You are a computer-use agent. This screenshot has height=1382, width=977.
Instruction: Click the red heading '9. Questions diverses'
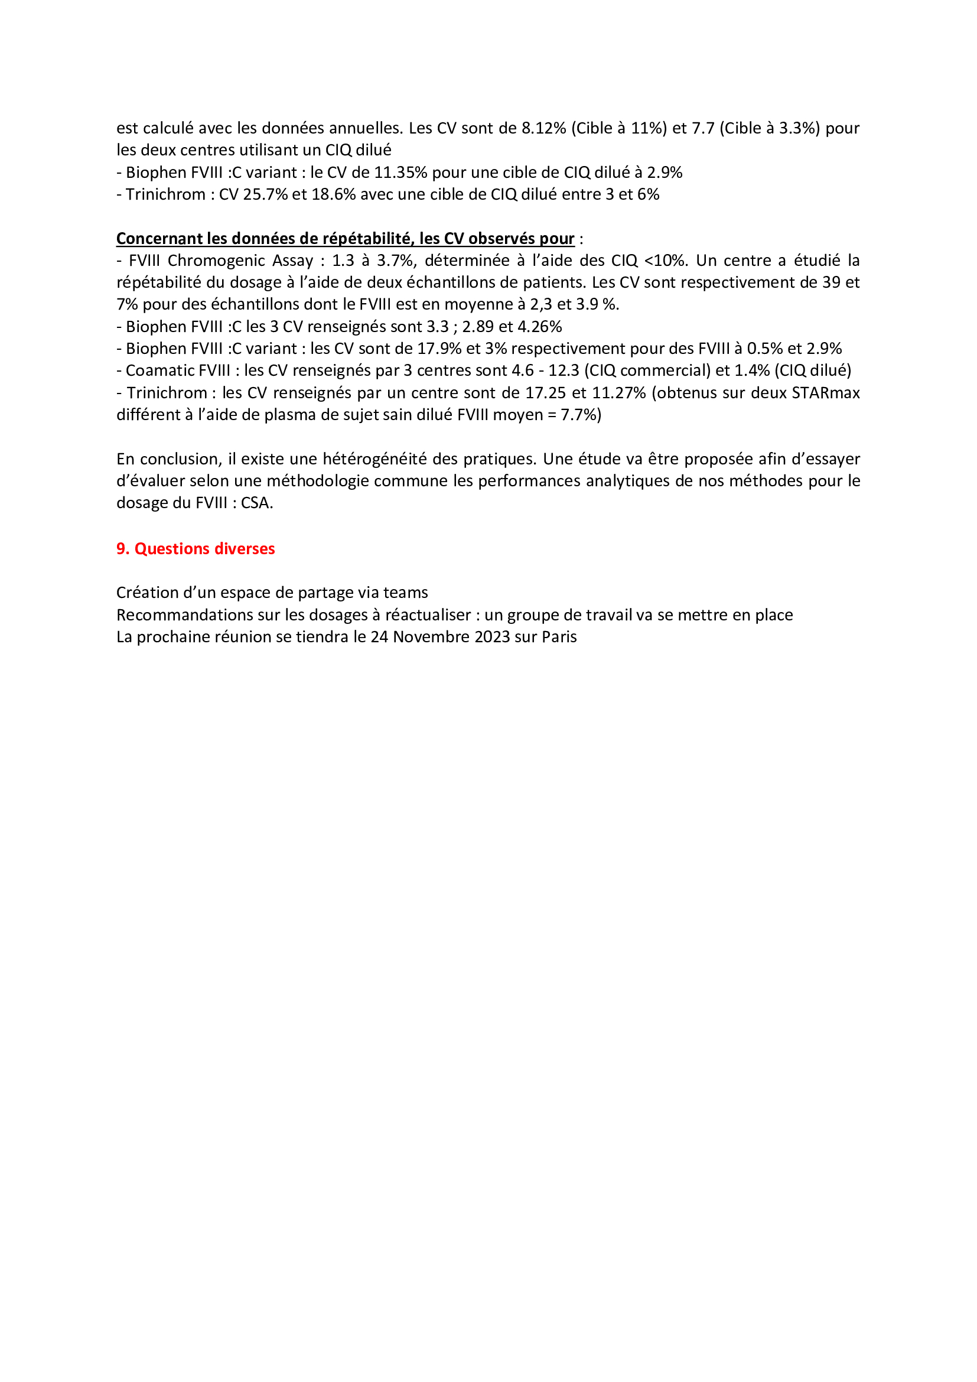click(x=195, y=548)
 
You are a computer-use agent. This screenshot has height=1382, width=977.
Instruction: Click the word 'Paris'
click(x=559, y=637)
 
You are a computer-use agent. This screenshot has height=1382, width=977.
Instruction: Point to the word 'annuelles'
click(x=364, y=128)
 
